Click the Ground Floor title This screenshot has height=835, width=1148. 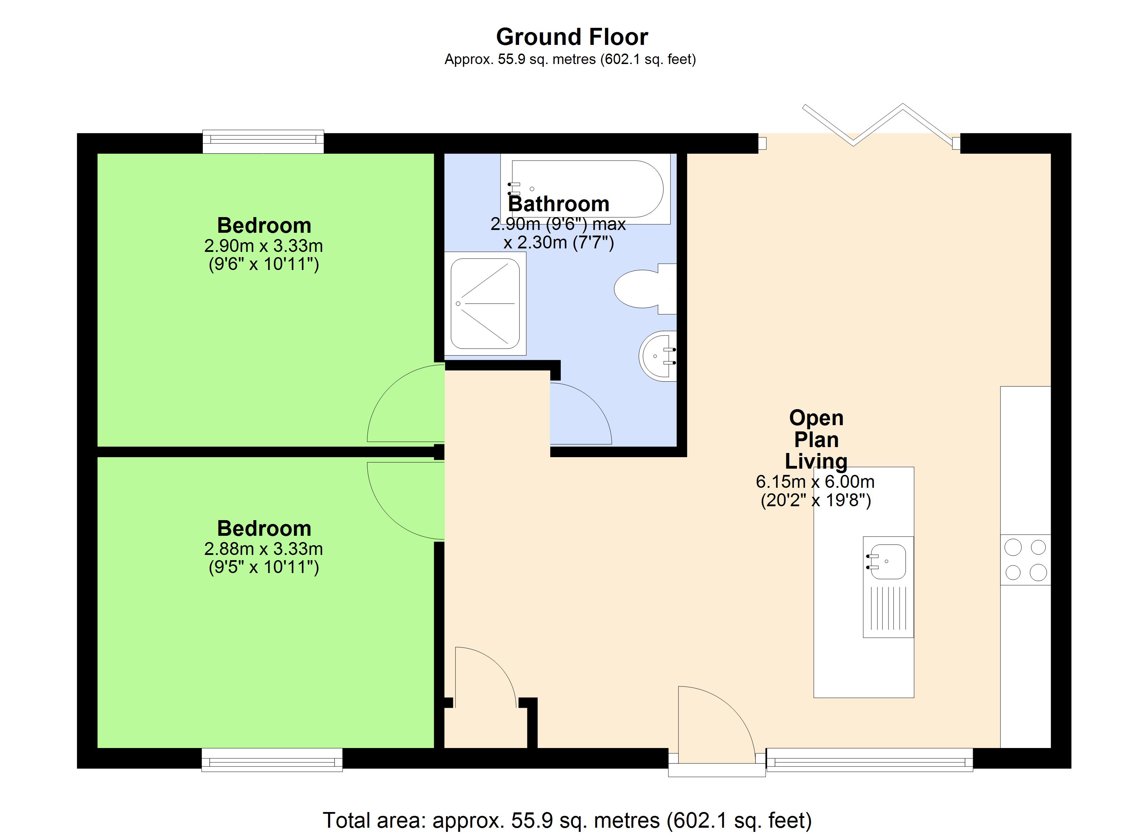pos(572,37)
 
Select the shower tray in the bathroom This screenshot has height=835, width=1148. pos(485,304)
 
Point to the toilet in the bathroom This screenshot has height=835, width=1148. pos(643,289)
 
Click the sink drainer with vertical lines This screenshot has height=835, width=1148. pos(889,611)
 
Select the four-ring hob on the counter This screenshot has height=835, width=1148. pos(1025,559)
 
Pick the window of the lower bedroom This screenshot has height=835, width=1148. pos(272,760)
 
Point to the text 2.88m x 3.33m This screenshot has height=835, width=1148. pos(263,549)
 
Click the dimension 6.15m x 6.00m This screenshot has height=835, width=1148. pos(815,482)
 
